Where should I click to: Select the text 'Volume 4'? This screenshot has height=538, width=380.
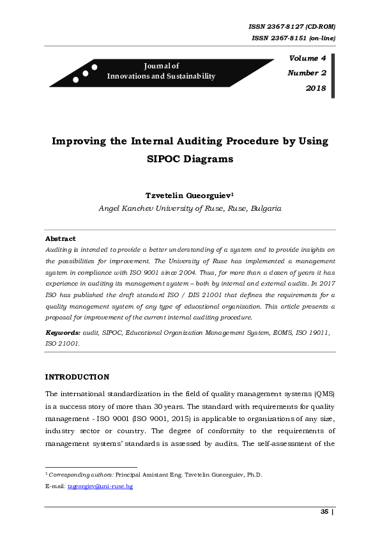tap(308, 59)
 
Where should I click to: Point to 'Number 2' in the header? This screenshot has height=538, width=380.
tap(307, 73)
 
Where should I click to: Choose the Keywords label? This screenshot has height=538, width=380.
tap(63, 334)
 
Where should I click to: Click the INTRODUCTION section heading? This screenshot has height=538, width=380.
tap(77, 377)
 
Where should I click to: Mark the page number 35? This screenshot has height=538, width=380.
tap(324, 512)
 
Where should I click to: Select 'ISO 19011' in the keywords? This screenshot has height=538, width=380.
tap(314, 334)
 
